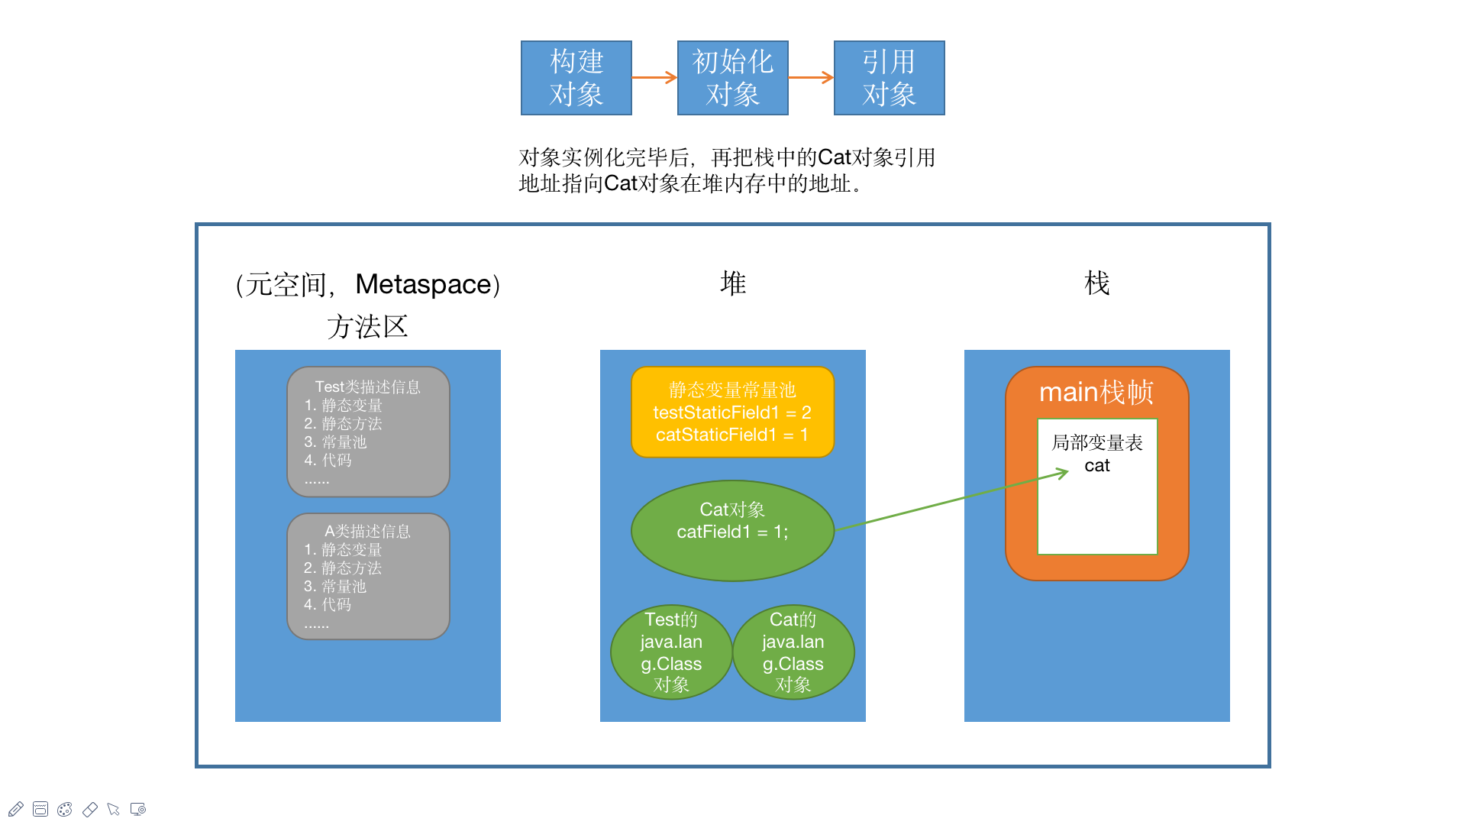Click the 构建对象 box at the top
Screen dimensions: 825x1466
[x=576, y=78]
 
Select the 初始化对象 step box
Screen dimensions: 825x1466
[x=732, y=78]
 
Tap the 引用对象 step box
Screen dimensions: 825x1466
[x=889, y=78]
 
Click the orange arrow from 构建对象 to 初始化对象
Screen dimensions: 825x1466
[x=654, y=77]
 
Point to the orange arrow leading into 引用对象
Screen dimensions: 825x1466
[x=811, y=77]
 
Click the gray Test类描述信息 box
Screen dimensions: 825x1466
[x=368, y=432]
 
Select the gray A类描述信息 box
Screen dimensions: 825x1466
[x=368, y=576]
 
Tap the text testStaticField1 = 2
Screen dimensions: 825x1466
[x=732, y=412]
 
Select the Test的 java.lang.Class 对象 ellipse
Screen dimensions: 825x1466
[x=671, y=652]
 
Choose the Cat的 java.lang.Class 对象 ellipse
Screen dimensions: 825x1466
[x=793, y=652]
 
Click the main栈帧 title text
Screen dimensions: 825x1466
[x=1096, y=392]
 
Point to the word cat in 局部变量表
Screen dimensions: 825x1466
[x=1097, y=465]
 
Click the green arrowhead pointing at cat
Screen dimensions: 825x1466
[x=1063, y=474]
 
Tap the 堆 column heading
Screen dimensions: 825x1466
[x=733, y=283]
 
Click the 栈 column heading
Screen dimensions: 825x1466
[x=1097, y=283]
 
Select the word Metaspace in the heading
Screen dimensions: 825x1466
[x=424, y=284]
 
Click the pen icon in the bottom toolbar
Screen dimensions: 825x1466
[x=16, y=809]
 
